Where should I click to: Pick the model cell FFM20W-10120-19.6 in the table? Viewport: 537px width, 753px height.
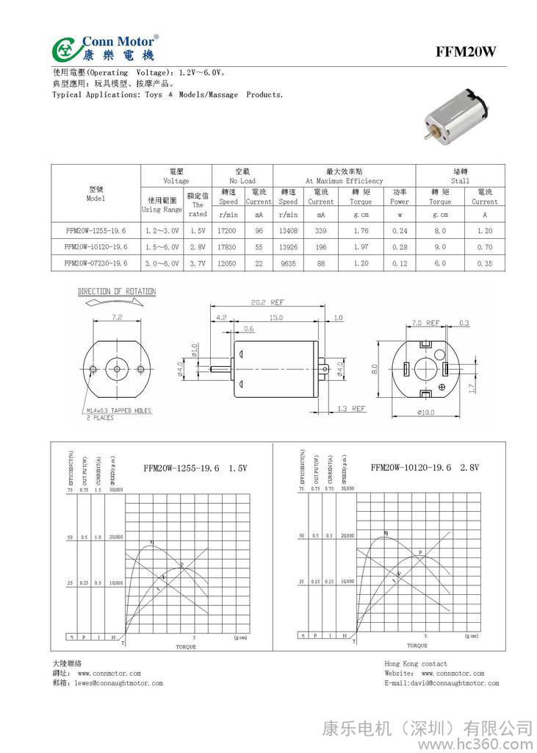(x=96, y=246)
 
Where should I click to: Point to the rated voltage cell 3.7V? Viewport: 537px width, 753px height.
(x=198, y=263)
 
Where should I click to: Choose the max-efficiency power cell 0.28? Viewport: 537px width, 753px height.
(x=400, y=246)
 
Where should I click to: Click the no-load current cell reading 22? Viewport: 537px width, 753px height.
(x=259, y=263)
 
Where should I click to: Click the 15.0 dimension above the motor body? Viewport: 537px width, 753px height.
(x=275, y=318)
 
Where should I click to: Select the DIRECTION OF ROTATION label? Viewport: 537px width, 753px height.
(x=117, y=292)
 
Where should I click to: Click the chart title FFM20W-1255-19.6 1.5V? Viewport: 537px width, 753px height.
(x=196, y=468)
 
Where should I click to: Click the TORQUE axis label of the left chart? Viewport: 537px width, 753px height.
(x=186, y=646)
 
